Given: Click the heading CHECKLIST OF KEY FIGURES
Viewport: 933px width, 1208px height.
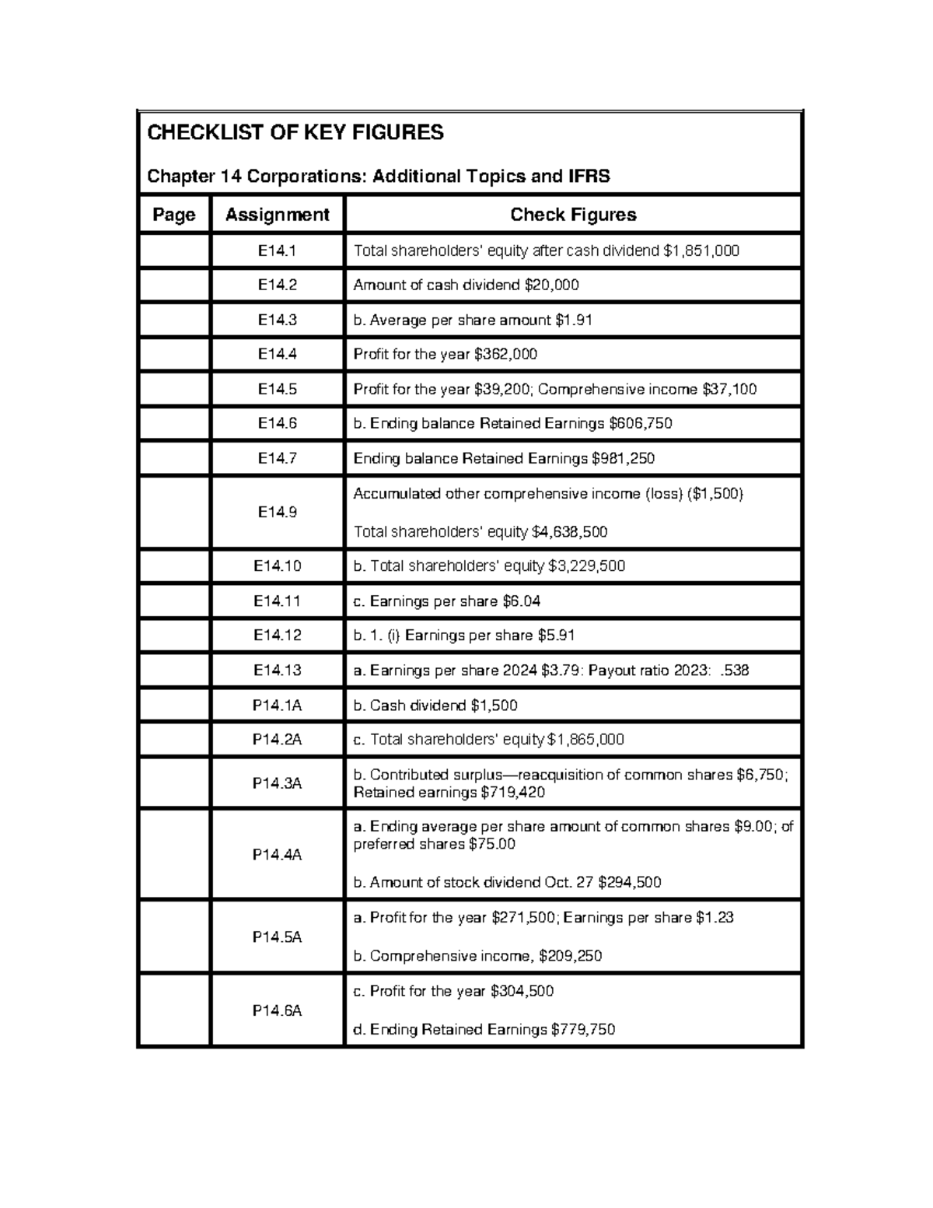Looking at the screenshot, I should pos(295,133).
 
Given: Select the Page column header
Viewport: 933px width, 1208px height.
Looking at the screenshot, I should pos(174,215).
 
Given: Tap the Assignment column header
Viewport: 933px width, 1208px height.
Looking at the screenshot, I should pos(277,215).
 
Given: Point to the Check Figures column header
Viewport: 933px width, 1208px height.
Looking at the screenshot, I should pos(573,215).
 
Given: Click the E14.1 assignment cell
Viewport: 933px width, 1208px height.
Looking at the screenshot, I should pos(277,250).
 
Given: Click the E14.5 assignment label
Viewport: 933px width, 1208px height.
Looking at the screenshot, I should pos(277,389).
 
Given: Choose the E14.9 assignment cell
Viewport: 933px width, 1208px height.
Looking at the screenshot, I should pos(277,513).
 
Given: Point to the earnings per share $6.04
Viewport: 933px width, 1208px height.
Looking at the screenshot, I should pos(522,601).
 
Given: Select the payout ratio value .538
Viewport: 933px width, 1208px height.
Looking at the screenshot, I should pos(735,671).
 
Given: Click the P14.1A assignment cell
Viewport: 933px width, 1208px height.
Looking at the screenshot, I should pos(277,706).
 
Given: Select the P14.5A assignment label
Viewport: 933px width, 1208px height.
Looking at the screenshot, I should pos(277,937).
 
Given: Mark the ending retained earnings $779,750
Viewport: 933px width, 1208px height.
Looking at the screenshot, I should pos(582,1030).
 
